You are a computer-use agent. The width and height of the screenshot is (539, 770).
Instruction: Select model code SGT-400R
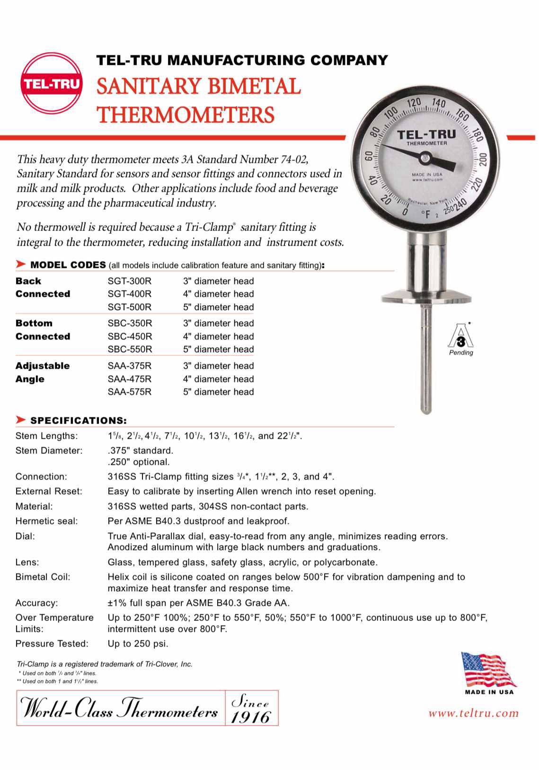tap(130, 294)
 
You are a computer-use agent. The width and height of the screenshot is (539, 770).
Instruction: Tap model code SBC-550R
tap(130, 349)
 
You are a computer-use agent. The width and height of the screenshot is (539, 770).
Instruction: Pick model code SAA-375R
tap(130, 366)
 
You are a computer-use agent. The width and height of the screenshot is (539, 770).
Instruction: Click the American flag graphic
tap(487, 670)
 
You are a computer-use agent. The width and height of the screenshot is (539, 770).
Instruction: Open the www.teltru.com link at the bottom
tap(473, 713)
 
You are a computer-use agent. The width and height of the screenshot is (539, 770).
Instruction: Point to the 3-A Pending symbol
tap(460, 337)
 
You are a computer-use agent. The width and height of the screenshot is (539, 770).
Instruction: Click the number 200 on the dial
tap(482, 159)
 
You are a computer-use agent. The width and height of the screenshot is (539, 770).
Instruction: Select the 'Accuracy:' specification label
tap(36, 603)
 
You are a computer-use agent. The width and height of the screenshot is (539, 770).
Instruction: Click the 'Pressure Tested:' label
tap(52, 644)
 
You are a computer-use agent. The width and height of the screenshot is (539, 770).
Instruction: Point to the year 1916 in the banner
tap(251, 717)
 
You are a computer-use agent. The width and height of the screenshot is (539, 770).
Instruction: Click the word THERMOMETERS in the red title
tap(186, 115)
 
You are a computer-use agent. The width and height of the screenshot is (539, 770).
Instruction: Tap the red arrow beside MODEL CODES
tap(21, 264)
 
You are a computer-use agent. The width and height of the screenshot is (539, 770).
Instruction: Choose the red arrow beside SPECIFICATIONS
tap(21, 420)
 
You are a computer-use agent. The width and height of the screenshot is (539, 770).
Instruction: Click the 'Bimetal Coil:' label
tap(43, 577)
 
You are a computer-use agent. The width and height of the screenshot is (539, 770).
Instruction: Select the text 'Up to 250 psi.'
tap(138, 644)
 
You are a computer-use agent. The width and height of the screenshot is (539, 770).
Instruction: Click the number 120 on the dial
tap(414, 103)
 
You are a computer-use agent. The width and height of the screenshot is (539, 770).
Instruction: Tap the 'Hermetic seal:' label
tap(46, 521)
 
